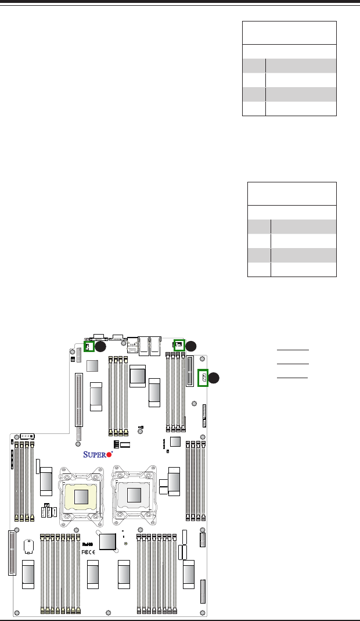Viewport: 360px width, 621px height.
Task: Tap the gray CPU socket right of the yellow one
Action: [135, 494]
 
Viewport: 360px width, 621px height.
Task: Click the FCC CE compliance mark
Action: [87, 551]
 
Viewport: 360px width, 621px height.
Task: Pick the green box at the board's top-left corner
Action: [89, 346]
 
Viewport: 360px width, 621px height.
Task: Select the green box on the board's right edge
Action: [203, 378]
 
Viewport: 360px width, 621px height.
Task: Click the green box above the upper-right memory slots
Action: [179, 344]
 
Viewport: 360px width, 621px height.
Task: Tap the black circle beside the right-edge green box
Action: [214, 377]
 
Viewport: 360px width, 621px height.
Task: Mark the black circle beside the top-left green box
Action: [100, 347]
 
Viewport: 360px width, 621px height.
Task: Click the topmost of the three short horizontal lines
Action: [292, 351]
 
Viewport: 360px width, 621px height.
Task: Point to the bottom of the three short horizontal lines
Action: [292, 377]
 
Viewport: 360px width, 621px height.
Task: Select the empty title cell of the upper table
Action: [289, 33]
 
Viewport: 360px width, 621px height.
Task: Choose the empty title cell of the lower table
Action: [291, 193]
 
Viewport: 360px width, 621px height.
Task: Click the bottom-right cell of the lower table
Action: [303, 270]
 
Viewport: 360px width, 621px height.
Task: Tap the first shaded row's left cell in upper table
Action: [254, 65]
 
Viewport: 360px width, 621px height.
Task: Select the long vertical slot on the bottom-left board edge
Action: [12, 552]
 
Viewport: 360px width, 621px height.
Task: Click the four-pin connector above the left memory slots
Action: [27, 436]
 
